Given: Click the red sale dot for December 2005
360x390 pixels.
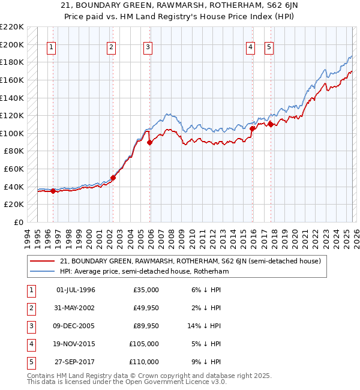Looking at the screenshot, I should click(x=149, y=142).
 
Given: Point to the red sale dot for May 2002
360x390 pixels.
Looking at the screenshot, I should click(x=113, y=178).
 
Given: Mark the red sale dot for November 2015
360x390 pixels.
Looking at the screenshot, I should click(x=251, y=128).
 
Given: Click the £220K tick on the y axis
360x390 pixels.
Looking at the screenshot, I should click(x=12, y=27).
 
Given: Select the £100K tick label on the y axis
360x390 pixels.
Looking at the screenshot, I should click(x=12, y=133).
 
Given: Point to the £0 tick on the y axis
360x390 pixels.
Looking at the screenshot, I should click(x=17, y=223).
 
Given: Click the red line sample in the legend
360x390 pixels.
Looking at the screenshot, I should click(x=43, y=261).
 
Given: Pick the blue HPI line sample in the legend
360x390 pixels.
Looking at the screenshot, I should click(x=43, y=271).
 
